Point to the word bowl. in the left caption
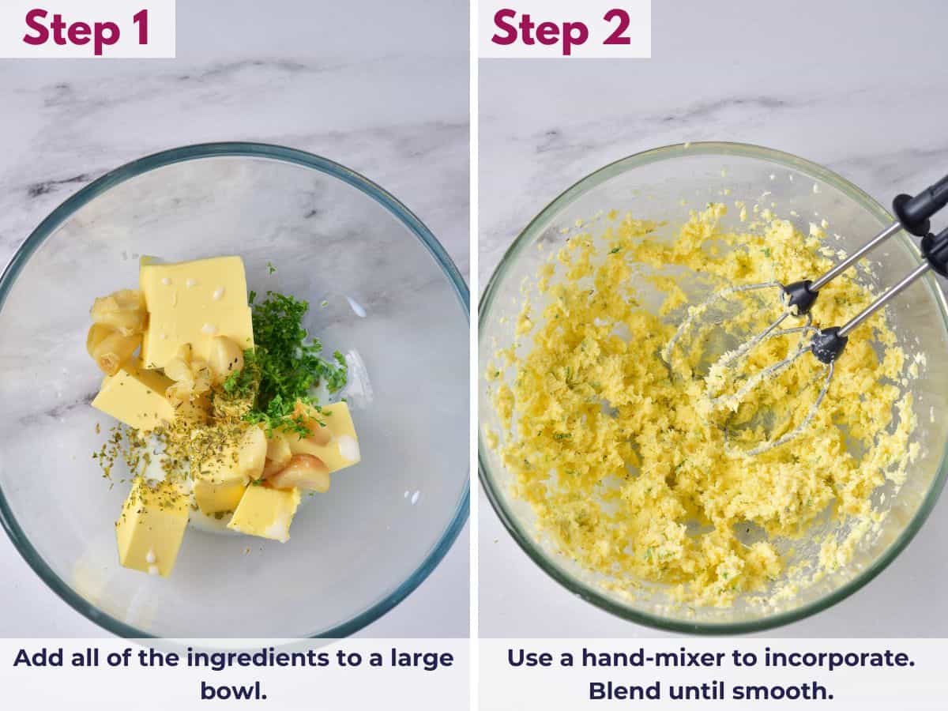point(233,690)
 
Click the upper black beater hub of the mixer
point(799,297)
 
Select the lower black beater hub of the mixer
point(829,344)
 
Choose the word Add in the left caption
point(37,658)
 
